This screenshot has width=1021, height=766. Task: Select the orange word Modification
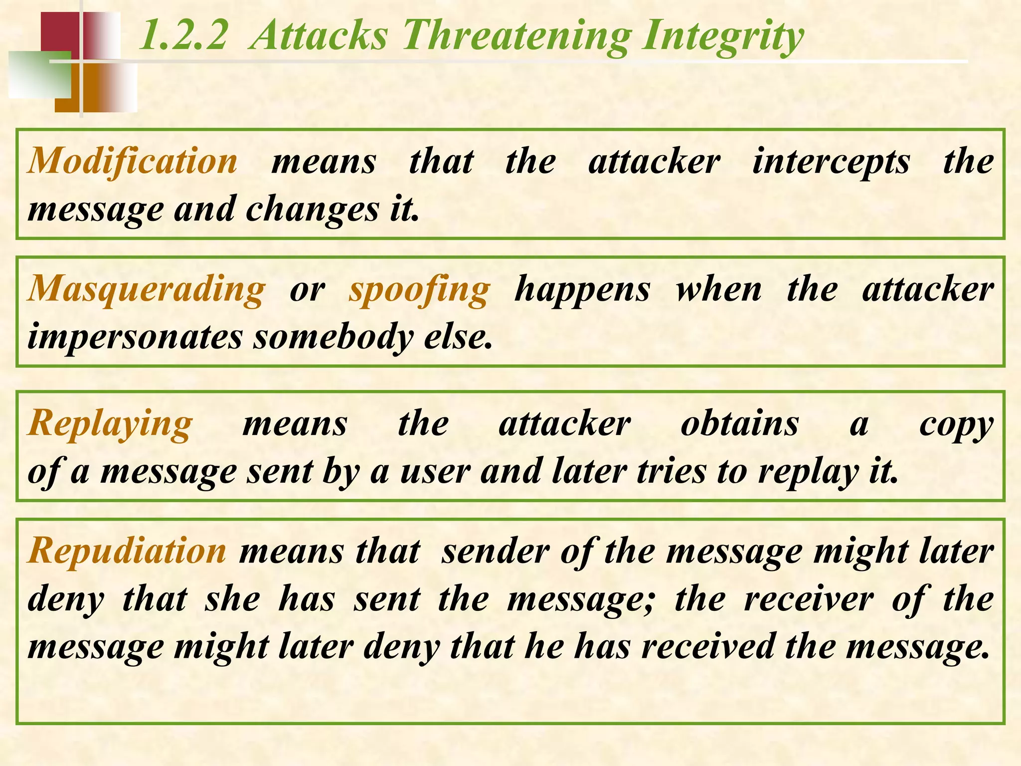(x=133, y=162)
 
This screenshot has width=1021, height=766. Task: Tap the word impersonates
(x=135, y=337)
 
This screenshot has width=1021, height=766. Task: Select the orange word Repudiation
(x=128, y=552)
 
